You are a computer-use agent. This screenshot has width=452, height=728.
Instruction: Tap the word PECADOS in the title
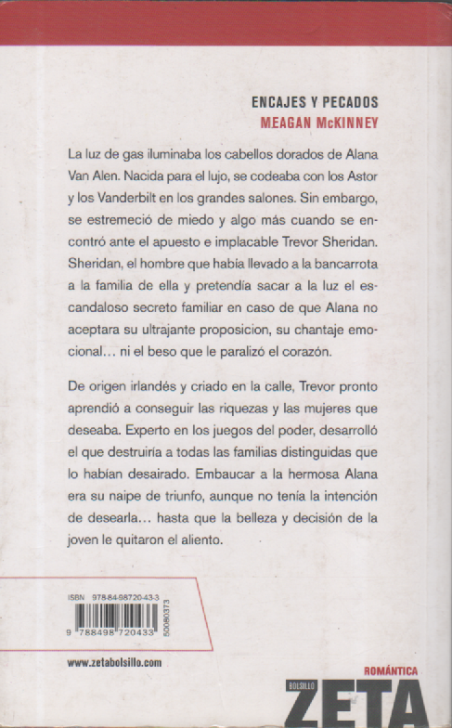coord(352,103)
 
